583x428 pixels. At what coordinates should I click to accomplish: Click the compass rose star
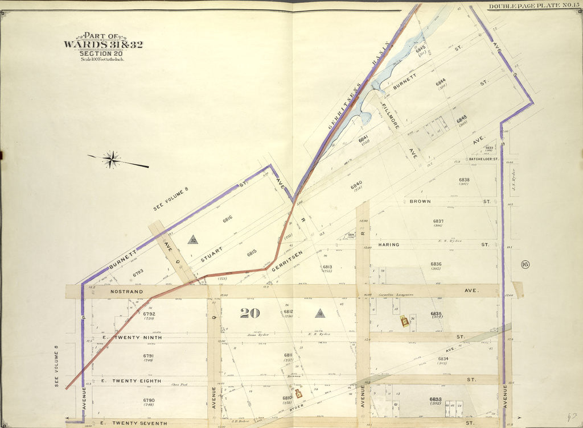[112, 160]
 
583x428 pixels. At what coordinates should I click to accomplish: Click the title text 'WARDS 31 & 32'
[103, 45]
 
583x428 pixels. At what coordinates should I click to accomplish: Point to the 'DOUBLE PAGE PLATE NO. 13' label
[532, 6]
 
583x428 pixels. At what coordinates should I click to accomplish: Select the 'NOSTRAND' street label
[125, 292]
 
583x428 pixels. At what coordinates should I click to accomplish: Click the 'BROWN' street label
[420, 201]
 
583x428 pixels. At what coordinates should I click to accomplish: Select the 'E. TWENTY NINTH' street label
[132, 338]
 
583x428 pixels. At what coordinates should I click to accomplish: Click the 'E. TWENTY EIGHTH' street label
[132, 381]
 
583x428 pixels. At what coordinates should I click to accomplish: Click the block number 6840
[356, 185]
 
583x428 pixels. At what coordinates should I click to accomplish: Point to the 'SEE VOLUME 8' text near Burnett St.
[171, 200]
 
